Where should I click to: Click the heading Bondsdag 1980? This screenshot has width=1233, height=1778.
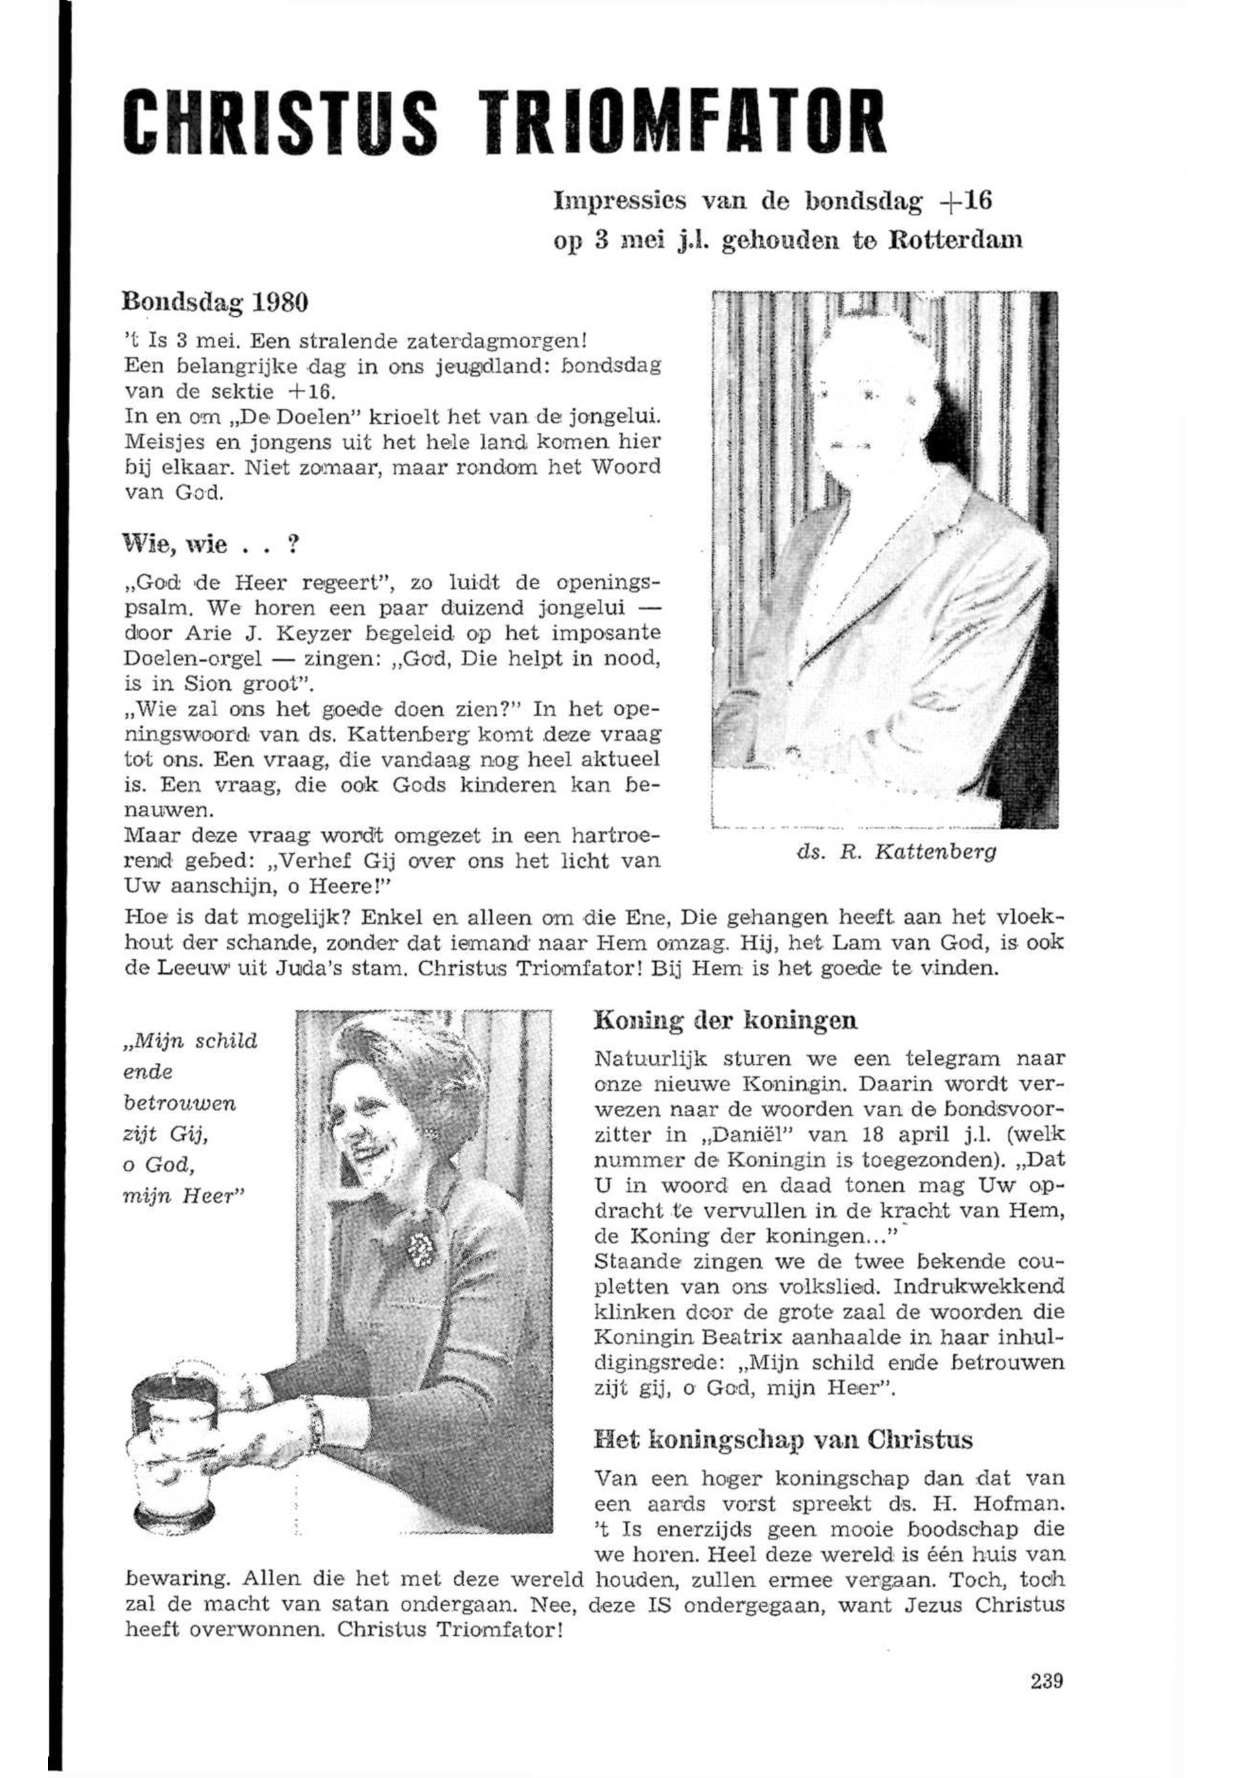click(x=216, y=301)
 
